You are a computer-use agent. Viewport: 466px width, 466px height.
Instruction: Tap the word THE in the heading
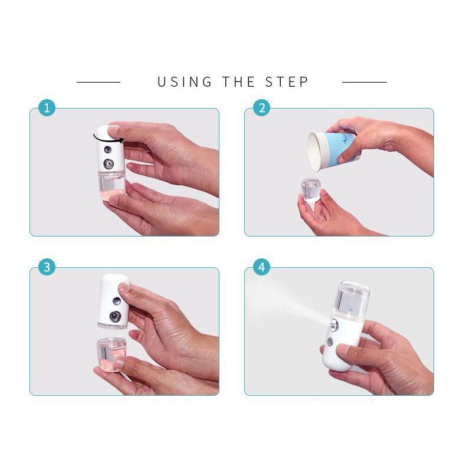tap(238, 82)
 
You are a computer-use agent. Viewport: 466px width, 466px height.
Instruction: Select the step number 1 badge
tap(47, 108)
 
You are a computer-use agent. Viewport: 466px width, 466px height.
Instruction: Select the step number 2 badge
tap(261, 108)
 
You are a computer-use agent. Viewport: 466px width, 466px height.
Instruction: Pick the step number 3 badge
tap(47, 267)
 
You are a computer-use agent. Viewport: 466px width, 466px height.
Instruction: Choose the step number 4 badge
tap(261, 267)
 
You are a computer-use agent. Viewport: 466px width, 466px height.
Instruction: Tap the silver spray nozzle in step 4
tap(334, 324)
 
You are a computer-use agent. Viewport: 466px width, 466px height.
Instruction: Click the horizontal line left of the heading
tap(99, 82)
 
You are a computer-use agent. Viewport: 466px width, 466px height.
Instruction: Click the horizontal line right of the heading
tap(364, 82)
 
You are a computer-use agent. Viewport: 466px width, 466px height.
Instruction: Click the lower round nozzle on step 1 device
tap(109, 163)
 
